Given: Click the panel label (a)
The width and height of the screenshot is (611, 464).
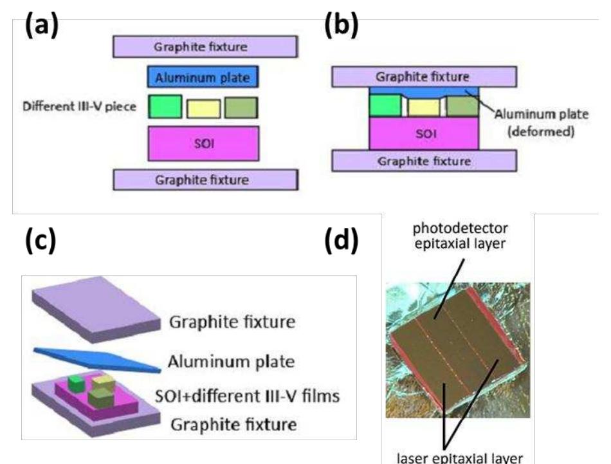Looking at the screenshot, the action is tap(42, 25).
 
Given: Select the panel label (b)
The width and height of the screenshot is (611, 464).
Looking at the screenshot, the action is tap(342, 25).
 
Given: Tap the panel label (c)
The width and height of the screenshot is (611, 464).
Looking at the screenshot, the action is tap(41, 239).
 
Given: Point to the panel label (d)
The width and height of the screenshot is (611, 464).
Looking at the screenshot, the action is tap(342, 239).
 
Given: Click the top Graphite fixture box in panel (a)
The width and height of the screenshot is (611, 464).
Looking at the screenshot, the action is tap(205, 47).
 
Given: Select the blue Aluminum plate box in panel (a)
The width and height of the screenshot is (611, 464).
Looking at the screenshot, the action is tap(203, 77).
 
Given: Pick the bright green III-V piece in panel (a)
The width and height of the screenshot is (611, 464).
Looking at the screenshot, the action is tap(165, 106).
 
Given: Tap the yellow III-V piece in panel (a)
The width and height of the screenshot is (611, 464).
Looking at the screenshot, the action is tap(203, 109).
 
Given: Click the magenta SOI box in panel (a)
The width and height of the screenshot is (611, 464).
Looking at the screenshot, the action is tap(203, 143).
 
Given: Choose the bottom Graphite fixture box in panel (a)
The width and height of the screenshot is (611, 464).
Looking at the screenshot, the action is tap(206, 180).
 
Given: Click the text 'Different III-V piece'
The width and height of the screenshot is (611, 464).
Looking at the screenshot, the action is tap(80, 106).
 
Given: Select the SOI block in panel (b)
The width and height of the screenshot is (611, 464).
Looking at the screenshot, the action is tap(424, 133).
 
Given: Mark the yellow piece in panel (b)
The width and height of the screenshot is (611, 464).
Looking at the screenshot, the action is tap(424, 107).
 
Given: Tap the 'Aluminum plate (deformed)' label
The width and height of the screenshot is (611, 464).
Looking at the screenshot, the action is tap(542, 122).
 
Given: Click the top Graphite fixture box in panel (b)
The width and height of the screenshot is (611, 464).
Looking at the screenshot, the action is tap(424, 77).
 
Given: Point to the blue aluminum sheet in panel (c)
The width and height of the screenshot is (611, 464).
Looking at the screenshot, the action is tap(97, 360).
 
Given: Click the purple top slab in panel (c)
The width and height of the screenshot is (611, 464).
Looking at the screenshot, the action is tap(96, 310).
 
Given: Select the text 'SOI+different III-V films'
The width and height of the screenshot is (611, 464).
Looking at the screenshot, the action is tap(248, 396).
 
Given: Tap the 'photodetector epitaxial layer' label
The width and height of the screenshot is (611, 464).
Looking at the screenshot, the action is tap(461, 236).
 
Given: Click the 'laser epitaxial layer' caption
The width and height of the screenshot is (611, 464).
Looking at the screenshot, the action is tap(459, 458).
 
